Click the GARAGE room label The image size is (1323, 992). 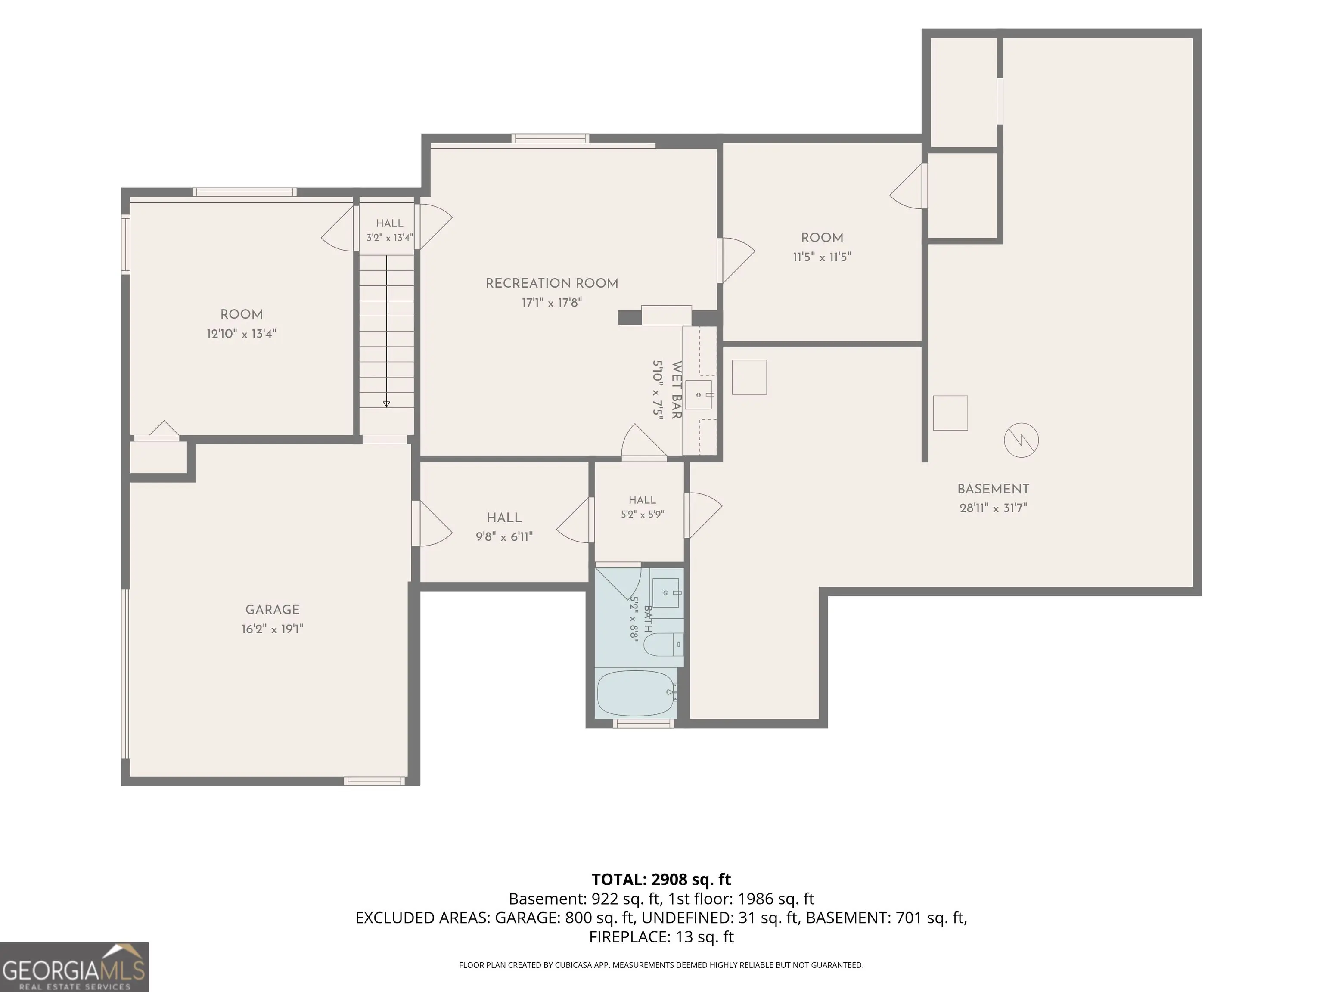point(272,609)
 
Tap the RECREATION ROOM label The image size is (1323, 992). point(551,283)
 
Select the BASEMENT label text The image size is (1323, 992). point(993,489)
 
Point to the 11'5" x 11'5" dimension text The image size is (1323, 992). point(822,257)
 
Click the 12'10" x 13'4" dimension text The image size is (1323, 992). point(241,334)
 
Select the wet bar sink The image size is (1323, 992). point(698,395)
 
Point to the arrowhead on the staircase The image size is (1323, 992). point(386,404)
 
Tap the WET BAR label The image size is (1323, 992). point(677,390)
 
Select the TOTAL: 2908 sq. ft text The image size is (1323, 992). point(661,880)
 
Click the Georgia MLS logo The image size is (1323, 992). point(74,967)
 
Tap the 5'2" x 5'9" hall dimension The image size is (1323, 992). point(643,514)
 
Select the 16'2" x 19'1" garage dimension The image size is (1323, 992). point(272,629)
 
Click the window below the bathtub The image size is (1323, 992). point(643,723)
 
